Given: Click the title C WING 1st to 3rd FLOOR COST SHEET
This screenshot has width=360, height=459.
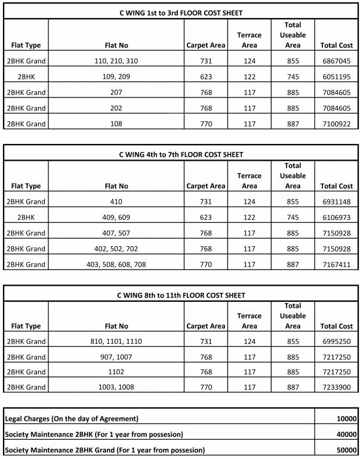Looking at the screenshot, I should (x=180, y=13).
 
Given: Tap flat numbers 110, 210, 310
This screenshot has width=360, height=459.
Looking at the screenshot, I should (x=116, y=61).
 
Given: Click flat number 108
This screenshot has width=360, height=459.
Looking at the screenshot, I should (x=116, y=124).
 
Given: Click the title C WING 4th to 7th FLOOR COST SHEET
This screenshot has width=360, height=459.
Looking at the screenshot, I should (x=180, y=154).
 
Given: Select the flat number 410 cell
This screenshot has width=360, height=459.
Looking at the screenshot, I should (x=116, y=202).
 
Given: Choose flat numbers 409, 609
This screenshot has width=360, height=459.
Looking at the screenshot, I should (x=116, y=218).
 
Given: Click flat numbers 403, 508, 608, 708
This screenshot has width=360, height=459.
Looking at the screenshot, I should (x=116, y=264).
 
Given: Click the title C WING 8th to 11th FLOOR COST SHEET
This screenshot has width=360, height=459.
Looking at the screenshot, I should (x=180, y=295).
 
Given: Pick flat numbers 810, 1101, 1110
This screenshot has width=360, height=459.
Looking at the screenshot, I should (x=116, y=342).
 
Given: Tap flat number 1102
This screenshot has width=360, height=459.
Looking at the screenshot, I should (x=116, y=372).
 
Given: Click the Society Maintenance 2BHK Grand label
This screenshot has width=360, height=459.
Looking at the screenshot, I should (x=105, y=449).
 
